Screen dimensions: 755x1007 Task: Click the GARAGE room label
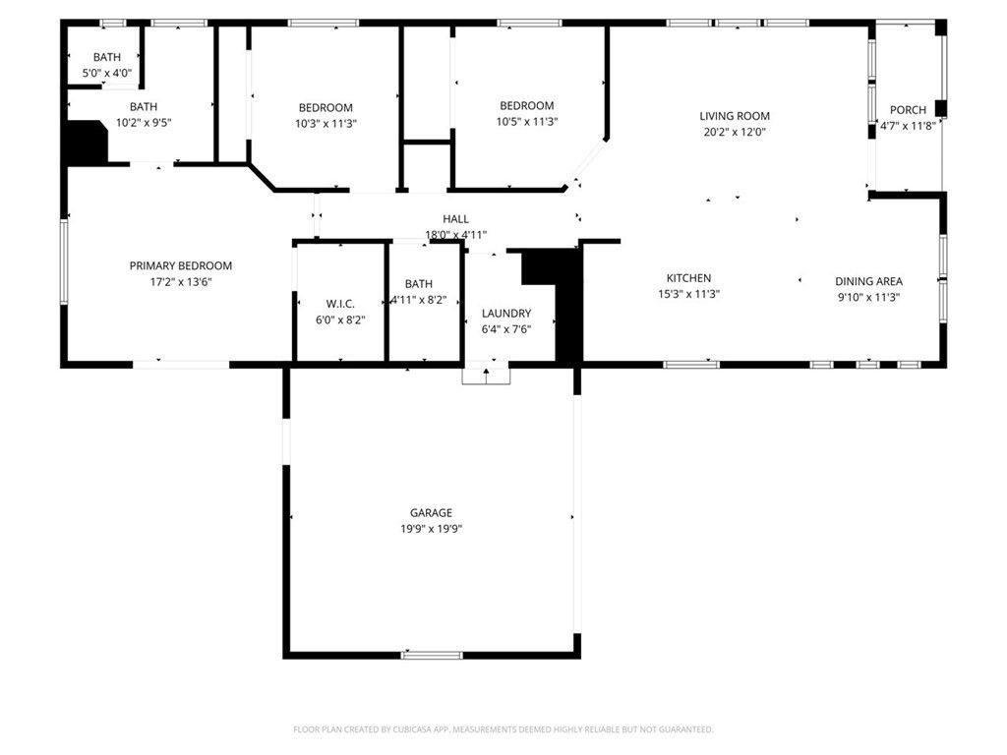click(x=431, y=512)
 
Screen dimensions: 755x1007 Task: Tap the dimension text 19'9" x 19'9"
click(x=431, y=528)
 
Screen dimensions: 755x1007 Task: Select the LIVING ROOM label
click(x=735, y=116)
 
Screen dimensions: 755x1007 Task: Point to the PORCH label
click(x=908, y=110)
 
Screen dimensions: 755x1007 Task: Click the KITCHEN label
click(x=688, y=278)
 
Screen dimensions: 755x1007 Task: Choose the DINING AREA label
click(x=868, y=281)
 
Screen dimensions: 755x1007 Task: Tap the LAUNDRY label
click(x=506, y=314)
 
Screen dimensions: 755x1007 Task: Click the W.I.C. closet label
click(x=340, y=304)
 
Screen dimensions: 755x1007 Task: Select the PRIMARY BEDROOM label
click(x=181, y=265)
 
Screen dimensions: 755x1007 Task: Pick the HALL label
click(x=455, y=219)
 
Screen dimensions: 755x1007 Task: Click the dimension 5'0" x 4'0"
click(x=107, y=73)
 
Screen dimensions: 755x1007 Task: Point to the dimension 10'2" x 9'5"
click(x=144, y=123)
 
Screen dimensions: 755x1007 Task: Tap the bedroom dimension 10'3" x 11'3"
click(x=326, y=124)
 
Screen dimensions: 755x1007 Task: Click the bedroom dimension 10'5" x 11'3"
click(x=527, y=122)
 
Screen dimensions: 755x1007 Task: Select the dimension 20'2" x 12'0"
click(x=735, y=132)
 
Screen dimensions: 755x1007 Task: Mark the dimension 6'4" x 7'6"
click(x=506, y=329)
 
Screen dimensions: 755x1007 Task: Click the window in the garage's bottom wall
click(x=432, y=655)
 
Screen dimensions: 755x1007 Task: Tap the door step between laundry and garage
click(x=487, y=375)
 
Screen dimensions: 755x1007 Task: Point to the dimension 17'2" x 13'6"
click(x=181, y=281)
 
